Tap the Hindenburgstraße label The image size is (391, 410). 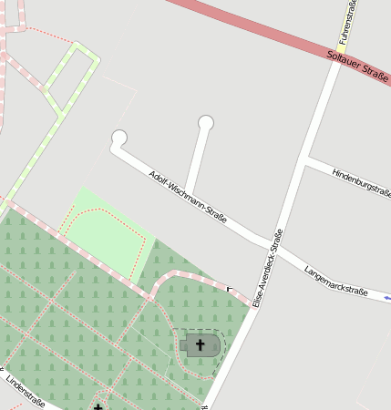(x=362, y=181)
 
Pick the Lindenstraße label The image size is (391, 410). (x=25, y=389)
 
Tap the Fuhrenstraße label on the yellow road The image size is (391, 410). (x=346, y=22)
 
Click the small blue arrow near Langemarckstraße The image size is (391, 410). (x=387, y=297)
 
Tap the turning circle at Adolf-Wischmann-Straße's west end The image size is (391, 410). (x=118, y=138)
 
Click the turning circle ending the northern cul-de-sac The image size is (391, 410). (x=206, y=122)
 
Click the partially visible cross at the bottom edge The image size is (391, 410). (x=98, y=406)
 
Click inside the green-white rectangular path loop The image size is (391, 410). (x=71, y=77)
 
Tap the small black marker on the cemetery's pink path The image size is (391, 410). (x=229, y=288)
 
